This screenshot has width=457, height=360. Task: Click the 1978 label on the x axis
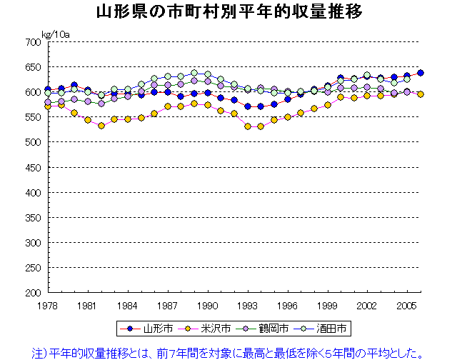pos(47,305)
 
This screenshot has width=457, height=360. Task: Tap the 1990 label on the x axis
pos(207,305)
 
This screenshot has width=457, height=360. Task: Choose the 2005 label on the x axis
pos(407,305)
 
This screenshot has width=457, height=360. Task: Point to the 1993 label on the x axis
pos(247,305)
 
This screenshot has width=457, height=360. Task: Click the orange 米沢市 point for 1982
pos(101,126)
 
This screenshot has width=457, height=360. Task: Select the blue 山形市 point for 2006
pos(421,73)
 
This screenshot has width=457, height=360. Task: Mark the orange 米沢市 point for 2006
pos(421,94)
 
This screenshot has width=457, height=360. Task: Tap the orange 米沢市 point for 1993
pos(247,126)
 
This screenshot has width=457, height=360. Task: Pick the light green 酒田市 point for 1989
pos(194,73)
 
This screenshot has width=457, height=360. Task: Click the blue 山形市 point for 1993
pos(247,106)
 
